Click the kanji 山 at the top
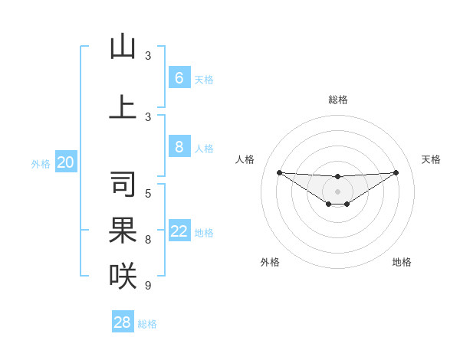tap(123, 47)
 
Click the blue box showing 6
tap(179, 78)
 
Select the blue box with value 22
tap(179, 231)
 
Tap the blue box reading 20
tap(66, 162)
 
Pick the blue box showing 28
tap(122, 322)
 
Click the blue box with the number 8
tap(179, 147)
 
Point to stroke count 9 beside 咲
tap(148, 286)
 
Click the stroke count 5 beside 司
tap(148, 194)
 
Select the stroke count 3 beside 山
tap(148, 56)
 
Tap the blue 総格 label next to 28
tap(147, 324)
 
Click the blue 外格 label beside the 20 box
tap(41, 163)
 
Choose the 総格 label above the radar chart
tap(337, 100)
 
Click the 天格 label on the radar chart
tap(431, 159)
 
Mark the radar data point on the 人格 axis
tap(279, 172)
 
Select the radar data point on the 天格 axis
tap(396, 172)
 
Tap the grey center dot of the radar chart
tap(337, 191)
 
